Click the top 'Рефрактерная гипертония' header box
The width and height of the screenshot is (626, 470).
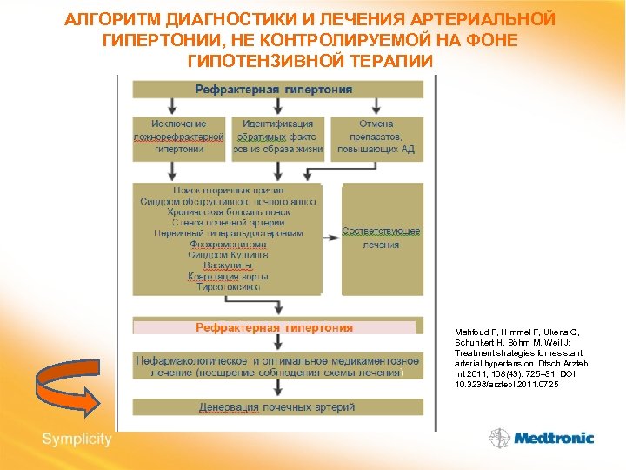point(277,90)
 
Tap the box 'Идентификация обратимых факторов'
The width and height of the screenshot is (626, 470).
point(278,138)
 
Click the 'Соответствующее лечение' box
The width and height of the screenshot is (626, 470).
point(382,238)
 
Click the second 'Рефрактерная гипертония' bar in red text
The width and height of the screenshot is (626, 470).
point(275,328)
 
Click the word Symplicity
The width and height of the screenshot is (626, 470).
point(77,439)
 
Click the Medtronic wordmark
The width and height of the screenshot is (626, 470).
point(553,439)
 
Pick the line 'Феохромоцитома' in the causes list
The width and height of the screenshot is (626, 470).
point(228,245)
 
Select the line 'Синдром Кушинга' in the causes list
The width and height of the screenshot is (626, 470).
point(228,255)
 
